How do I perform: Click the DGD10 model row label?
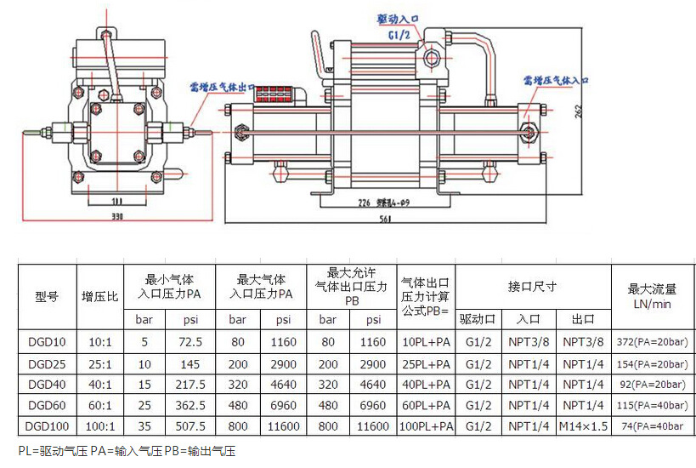[x=47, y=342]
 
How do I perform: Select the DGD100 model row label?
[x=47, y=425]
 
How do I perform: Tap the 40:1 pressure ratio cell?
[x=100, y=384]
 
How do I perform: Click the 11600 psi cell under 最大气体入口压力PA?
[x=282, y=425]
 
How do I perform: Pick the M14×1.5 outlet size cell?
[x=584, y=425]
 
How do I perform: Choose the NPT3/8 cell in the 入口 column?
[x=529, y=342]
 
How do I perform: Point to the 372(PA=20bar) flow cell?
[x=653, y=342]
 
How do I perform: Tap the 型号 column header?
[x=47, y=297]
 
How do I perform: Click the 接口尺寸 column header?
[x=532, y=287]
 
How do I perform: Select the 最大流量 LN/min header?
[x=653, y=297]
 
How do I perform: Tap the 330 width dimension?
[x=116, y=218]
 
